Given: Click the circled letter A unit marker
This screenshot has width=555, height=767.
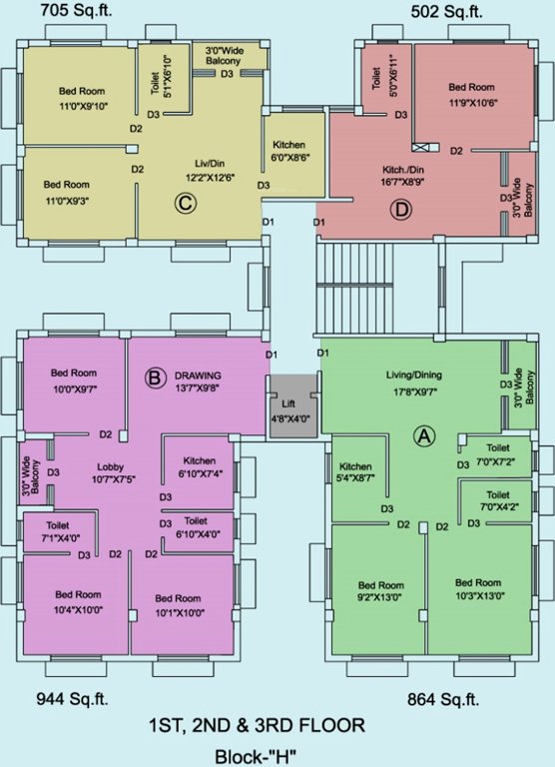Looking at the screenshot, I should [x=424, y=435].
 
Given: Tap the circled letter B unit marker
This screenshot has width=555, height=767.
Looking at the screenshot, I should [x=155, y=377].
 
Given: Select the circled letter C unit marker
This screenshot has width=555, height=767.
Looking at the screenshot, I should [x=184, y=204].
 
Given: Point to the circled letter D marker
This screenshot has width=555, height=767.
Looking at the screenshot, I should [x=401, y=211].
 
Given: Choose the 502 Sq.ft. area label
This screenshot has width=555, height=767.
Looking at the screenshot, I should [x=448, y=12].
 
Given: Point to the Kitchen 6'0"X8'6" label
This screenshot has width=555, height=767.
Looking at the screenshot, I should [x=288, y=151].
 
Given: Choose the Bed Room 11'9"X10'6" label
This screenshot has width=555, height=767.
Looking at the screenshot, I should [x=470, y=94].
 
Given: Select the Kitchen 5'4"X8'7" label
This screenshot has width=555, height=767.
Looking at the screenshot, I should [x=355, y=472].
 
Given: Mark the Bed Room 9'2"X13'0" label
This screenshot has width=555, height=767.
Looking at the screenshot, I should [x=379, y=591].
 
